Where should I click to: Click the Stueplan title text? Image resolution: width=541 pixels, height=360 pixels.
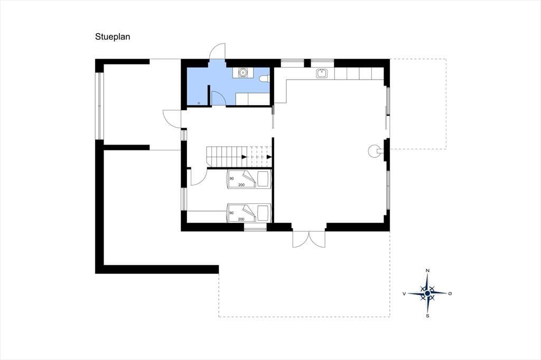(x=113, y=37)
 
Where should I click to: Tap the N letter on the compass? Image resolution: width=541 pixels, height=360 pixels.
(x=428, y=271)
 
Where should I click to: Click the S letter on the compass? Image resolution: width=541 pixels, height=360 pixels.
(x=428, y=316)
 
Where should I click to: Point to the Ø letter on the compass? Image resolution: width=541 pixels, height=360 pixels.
(x=450, y=293)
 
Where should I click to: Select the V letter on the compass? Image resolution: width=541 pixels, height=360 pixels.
(x=404, y=293)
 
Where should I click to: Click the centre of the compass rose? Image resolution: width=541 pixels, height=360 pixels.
(x=428, y=293)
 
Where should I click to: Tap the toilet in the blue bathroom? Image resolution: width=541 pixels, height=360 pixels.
(x=265, y=79)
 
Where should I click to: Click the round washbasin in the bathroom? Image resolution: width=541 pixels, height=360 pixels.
(x=243, y=73)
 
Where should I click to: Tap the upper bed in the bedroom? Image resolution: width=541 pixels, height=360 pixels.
(x=248, y=179)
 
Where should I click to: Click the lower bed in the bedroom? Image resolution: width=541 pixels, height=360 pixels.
(x=248, y=213)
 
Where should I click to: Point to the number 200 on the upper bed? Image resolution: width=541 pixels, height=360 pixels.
(x=241, y=185)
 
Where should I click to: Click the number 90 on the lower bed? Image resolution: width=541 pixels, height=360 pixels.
(x=231, y=213)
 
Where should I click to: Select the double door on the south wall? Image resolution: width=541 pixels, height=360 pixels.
(x=309, y=239)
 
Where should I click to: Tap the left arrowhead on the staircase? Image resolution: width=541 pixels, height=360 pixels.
(x=244, y=157)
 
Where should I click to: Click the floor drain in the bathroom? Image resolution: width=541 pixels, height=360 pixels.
(x=199, y=103)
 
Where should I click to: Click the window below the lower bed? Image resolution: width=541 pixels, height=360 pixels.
(x=255, y=228)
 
